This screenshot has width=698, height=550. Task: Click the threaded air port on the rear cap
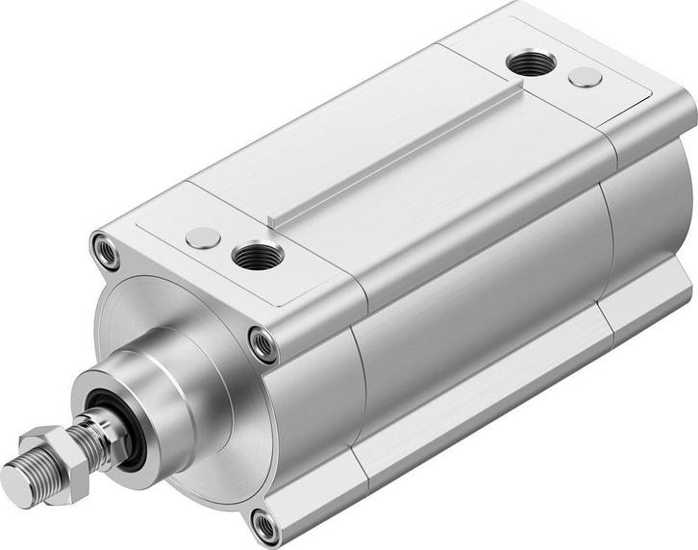pos(531,64)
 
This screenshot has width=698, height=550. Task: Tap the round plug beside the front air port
pos(203,237)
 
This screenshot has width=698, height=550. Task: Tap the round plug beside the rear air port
pos(585,78)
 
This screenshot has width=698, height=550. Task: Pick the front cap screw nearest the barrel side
pos(262,343)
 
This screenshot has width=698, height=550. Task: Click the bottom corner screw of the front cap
pos(264,524)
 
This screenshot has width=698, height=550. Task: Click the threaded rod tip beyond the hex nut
pos(19,477)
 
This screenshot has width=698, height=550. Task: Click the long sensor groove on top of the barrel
pos(394,154)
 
